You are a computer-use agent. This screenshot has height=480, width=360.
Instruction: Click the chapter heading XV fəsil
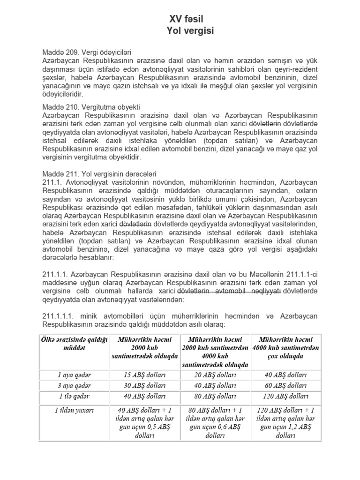186,19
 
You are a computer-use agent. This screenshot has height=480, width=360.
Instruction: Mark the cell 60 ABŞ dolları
285,385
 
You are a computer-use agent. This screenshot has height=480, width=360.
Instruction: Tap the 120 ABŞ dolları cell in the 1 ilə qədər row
285,396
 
